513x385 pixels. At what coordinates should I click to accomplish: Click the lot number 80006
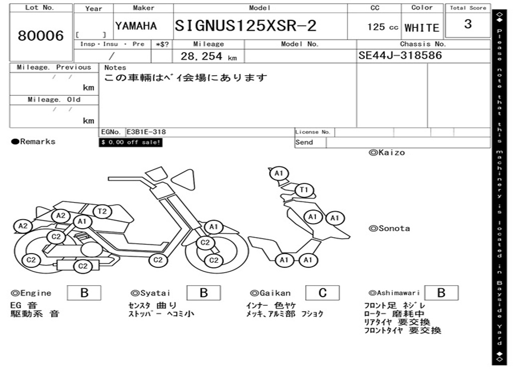[x=41, y=36]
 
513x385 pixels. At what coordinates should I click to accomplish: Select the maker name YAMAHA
[x=136, y=26]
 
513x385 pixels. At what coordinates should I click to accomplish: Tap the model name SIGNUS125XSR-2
[x=245, y=26]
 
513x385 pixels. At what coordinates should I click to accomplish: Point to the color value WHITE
[x=422, y=28]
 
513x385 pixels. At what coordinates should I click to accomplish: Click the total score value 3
[x=468, y=24]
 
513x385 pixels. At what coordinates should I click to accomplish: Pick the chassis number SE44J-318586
[x=400, y=55]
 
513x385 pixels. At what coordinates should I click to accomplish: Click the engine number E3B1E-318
[x=146, y=132]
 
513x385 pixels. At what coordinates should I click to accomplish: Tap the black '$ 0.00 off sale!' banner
[x=131, y=142]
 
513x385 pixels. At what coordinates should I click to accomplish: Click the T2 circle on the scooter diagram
[x=102, y=211]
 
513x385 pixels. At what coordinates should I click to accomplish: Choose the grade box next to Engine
[x=84, y=293]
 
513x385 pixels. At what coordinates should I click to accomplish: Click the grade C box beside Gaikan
[x=322, y=293]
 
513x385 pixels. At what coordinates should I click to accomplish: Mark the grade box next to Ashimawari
[x=441, y=293]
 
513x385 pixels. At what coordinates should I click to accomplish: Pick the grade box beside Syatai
[x=203, y=293]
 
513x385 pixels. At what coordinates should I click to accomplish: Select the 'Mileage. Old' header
[x=54, y=99]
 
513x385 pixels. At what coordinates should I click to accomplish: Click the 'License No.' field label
[x=313, y=132]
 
